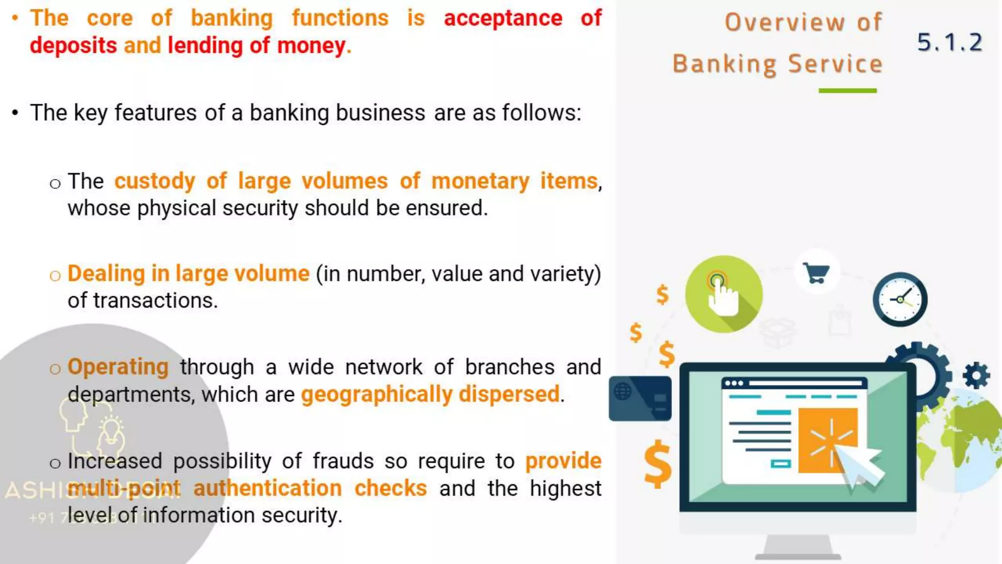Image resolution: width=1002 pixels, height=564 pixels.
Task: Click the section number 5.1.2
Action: (949, 43)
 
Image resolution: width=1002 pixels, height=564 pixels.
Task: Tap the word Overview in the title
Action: (784, 23)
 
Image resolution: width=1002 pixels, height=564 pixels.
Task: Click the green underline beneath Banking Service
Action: (847, 91)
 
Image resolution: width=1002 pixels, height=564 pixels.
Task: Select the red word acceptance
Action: (503, 19)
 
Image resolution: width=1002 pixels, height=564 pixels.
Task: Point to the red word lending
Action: (205, 46)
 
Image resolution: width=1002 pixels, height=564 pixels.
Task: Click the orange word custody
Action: (155, 182)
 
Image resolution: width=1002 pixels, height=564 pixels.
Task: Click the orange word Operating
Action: (118, 367)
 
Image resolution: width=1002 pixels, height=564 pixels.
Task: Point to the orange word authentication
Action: (267, 489)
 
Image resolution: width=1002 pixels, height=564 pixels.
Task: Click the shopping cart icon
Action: (816, 273)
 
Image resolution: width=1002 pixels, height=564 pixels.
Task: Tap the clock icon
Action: (900, 299)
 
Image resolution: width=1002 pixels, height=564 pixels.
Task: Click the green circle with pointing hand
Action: (724, 294)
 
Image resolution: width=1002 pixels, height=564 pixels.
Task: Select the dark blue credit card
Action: (640, 399)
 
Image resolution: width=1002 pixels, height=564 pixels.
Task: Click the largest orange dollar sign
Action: (658, 464)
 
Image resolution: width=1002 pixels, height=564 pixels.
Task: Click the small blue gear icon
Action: (976, 376)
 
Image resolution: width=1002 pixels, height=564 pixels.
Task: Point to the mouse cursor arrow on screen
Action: (860, 467)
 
